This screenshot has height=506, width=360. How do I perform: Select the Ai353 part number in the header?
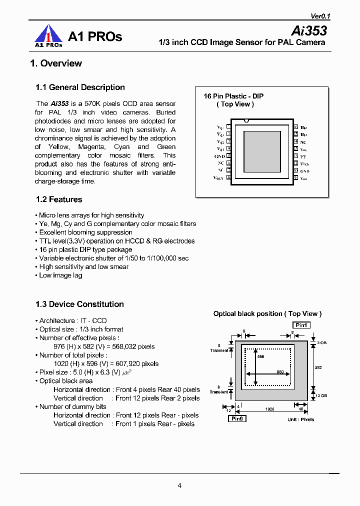pyautogui.click(x=308, y=30)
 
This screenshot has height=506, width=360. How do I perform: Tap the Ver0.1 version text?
pyautogui.click(x=317, y=16)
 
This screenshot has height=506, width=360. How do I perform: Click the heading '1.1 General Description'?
pyautogui.click(x=80, y=87)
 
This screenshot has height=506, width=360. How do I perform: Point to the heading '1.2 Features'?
pyautogui.click(x=59, y=199)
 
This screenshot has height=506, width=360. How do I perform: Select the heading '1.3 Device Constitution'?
pyautogui.click(x=79, y=304)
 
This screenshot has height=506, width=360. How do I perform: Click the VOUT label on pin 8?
pyautogui.click(x=219, y=177)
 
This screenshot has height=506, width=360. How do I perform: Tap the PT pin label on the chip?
pyautogui.click(x=303, y=156)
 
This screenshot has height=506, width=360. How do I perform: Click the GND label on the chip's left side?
pyautogui.click(x=219, y=156)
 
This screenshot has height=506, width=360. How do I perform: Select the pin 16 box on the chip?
pyautogui.click(x=296, y=127)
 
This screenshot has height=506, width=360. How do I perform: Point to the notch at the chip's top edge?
pyautogui.click(x=245, y=120)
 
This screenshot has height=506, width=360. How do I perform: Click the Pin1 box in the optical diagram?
pyautogui.click(x=301, y=325)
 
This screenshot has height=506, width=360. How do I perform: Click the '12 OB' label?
pyautogui.click(x=321, y=395)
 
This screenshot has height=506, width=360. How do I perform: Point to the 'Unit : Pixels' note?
pyautogui.click(x=300, y=419)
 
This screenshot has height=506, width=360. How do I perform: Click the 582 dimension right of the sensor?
pyautogui.click(x=318, y=367)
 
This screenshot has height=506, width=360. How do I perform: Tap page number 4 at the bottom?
pyautogui.click(x=179, y=485)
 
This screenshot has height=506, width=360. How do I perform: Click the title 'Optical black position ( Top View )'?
pyautogui.click(x=267, y=313)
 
